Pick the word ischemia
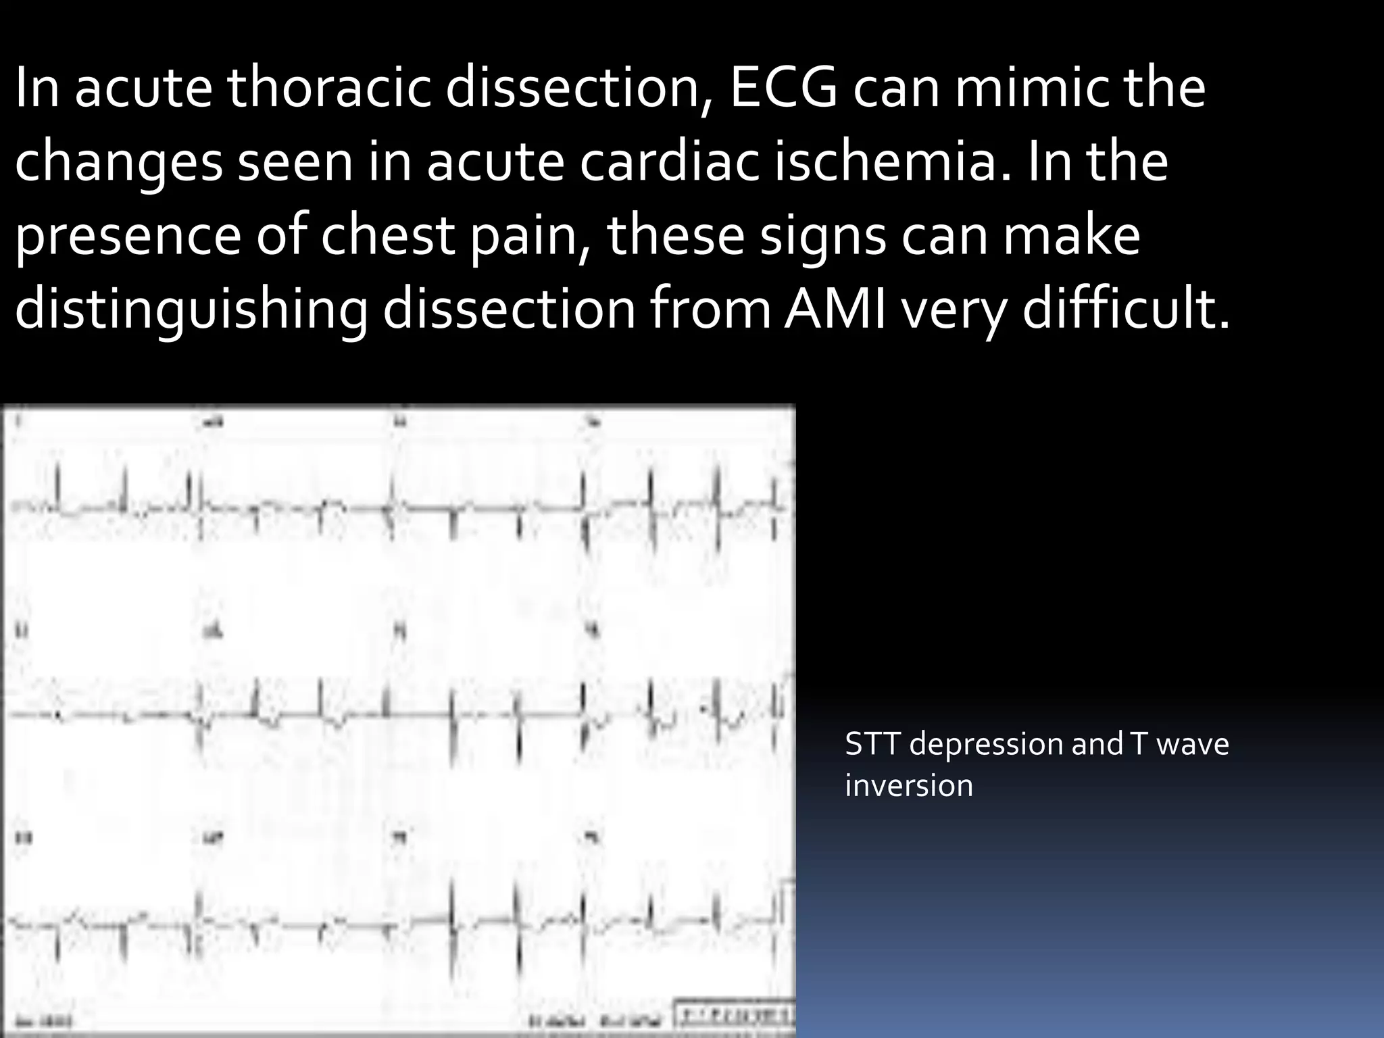pyautogui.click(x=885, y=163)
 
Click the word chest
pyautogui.click(x=385, y=236)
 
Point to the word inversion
pyautogui.click(x=909, y=786)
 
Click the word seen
pyautogui.click(x=293, y=163)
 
